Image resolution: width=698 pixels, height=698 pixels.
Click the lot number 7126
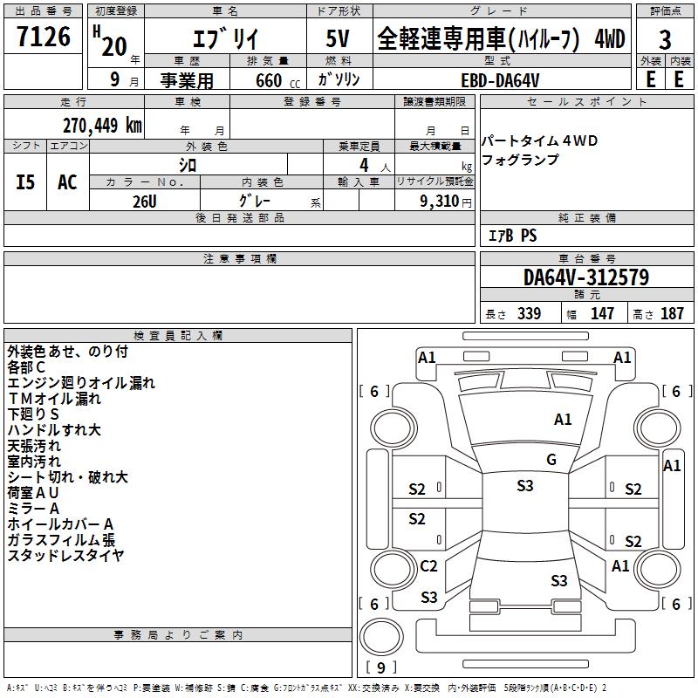click(44, 37)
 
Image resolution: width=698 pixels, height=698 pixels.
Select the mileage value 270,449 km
click(102, 126)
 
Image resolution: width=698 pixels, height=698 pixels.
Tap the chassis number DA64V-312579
click(586, 277)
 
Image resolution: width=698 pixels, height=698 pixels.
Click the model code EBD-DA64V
click(500, 80)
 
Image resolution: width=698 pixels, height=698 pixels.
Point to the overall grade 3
click(665, 39)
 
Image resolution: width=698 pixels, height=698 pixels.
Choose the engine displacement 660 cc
click(277, 81)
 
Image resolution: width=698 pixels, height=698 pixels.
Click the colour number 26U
click(145, 202)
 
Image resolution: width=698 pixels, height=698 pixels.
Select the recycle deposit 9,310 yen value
click(446, 202)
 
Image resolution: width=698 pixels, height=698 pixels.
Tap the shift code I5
click(25, 182)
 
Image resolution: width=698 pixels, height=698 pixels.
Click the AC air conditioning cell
click(67, 182)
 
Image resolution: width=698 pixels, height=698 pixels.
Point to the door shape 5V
click(338, 38)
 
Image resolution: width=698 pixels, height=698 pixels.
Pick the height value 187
click(672, 313)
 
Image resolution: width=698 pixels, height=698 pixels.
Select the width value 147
click(602, 313)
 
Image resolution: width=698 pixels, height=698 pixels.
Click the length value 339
click(530, 313)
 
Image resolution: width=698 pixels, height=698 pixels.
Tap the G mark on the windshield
click(551, 459)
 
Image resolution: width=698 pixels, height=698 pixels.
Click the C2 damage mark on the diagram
click(428, 565)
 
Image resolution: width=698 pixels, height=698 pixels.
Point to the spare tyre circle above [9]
click(381, 637)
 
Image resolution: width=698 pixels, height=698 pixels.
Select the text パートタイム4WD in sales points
click(539, 140)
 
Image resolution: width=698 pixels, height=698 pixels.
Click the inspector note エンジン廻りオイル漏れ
click(81, 383)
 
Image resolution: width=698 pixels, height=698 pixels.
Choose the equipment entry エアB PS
click(512, 236)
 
